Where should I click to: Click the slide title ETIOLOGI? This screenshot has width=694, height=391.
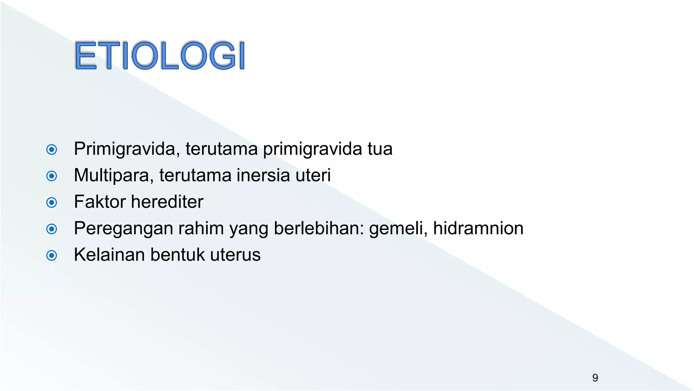click(159, 55)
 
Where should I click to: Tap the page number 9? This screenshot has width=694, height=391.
click(595, 377)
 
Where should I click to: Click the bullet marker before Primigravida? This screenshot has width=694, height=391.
click(52, 149)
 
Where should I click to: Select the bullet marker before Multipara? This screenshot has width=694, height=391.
click(52, 176)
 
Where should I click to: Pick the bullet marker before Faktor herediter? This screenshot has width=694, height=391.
click(52, 202)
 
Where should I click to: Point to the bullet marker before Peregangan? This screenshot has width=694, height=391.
click(52, 229)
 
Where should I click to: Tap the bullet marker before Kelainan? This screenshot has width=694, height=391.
click(52, 255)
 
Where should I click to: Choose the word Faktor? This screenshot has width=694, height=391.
click(100, 202)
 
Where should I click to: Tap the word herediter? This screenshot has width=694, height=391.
click(167, 202)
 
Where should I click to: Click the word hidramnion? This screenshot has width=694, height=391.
click(478, 228)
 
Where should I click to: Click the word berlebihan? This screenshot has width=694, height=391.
click(319, 228)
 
